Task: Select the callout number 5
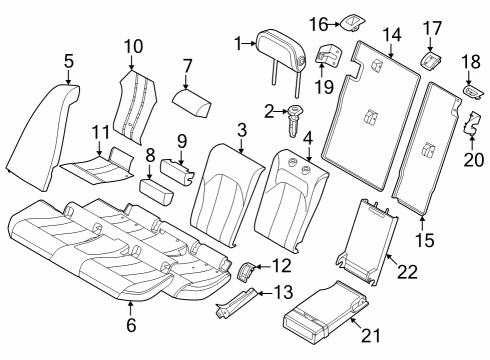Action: point(67,61)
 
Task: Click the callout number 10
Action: point(133,46)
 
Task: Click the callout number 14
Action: point(392,35)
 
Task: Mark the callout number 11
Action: point(99,132)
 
